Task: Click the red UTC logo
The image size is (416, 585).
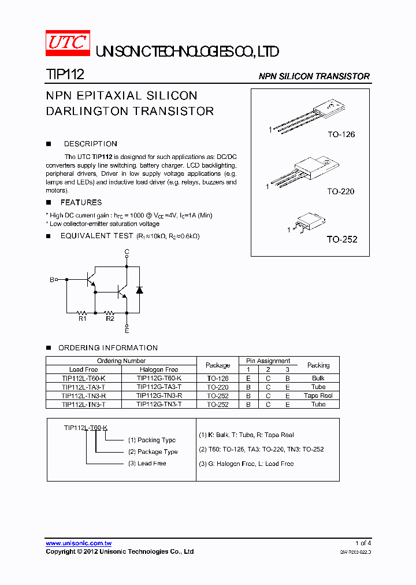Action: [x=68, y=43]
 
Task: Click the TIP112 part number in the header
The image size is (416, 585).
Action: [x=65, y=75]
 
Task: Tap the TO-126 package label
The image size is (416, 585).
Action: [x=341, y=134]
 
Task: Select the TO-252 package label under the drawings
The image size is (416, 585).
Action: [x=341, y=239]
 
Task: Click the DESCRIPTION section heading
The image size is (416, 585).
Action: [x=90, y=144]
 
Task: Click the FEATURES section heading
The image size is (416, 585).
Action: [x=81, y=202]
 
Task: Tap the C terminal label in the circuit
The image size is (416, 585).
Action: [x=127, y=252]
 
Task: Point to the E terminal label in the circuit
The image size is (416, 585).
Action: [x=127, y=330]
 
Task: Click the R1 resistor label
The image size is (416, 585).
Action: [x=82, y=318]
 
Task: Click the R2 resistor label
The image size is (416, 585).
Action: [x=110, y=318]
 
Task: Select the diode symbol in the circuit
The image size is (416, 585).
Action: [x=139, y=289]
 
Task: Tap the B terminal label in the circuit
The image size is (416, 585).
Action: [x=52, y=279]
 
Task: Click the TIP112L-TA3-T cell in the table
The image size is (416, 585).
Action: [x=84, y=387]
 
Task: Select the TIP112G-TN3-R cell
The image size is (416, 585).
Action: [x=159, y=395]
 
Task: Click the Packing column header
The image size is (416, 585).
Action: [x=318, y=365]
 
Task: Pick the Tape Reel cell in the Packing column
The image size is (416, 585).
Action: [x=318, y=395]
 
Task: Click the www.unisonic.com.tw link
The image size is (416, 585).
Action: [x=79, y=543]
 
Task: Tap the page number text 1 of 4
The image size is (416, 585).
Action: [x=363, y=543]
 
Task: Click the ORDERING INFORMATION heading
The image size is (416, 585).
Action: [x=107, y=347]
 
